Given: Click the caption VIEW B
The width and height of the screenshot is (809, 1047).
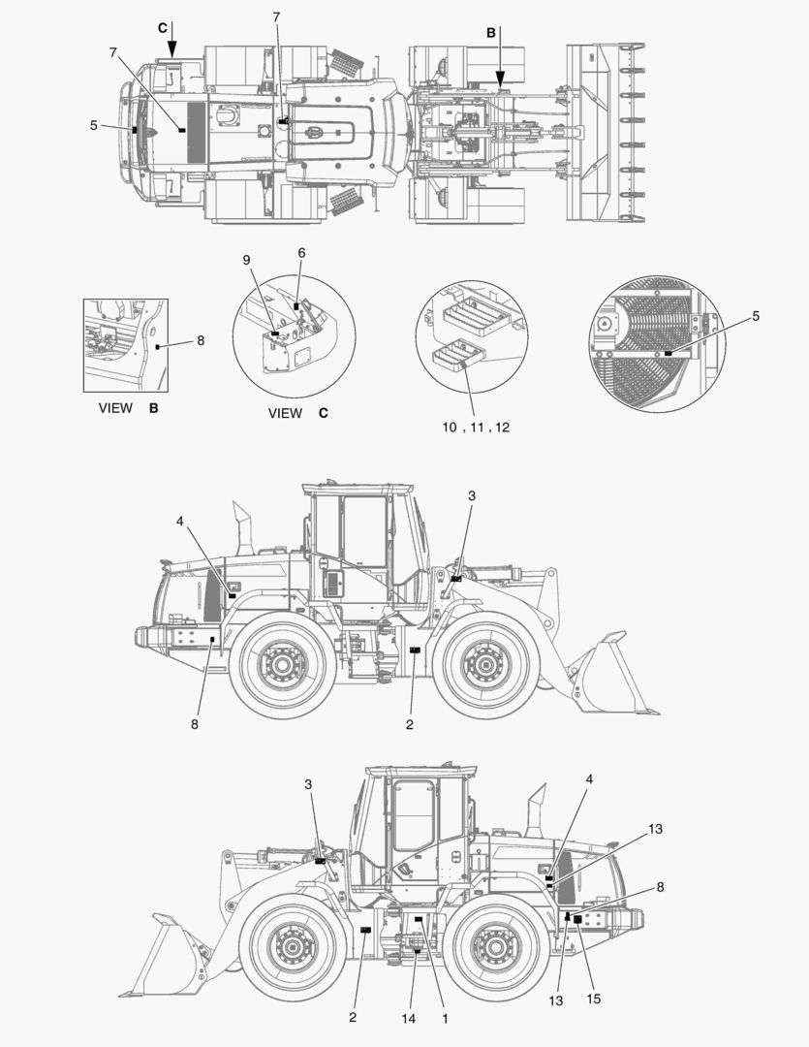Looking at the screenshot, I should tap(128, 408).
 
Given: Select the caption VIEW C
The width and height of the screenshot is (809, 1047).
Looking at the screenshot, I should tap(298, 413).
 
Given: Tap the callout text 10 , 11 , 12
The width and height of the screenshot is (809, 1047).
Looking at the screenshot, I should tap(477, 428).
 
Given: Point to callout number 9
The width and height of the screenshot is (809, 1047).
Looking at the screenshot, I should tap(246, 260).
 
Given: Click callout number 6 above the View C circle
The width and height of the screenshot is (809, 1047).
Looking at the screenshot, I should tap(301, 252).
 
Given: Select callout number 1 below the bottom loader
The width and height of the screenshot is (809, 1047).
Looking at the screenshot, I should tap(445, 1019).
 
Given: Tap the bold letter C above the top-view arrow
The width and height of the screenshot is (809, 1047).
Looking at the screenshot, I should tap(163, 27).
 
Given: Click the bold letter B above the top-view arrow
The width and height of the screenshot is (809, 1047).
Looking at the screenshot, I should tap(491, 32).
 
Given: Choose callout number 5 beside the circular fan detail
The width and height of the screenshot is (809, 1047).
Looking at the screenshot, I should tap(756, 316).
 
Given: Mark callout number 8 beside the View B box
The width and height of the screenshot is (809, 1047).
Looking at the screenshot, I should tap(201, 340).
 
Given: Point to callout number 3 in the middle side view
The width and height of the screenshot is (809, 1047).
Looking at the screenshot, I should tap(472, 495).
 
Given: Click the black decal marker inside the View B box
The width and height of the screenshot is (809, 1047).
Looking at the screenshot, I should tap(157, 344).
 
